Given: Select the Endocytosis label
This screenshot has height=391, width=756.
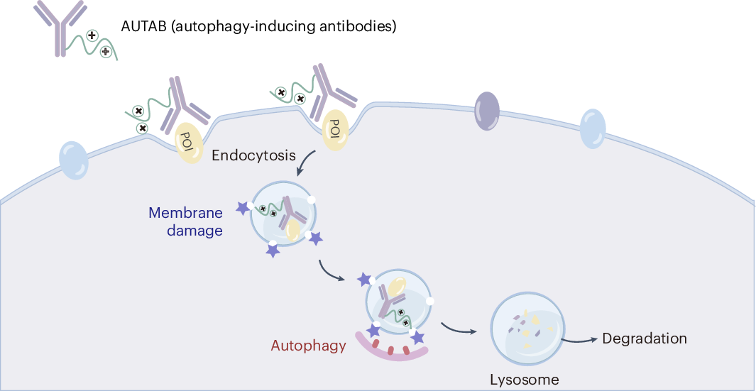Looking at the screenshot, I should (x=253, y=155).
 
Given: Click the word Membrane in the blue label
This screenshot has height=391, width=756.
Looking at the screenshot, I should (x=185, y=213).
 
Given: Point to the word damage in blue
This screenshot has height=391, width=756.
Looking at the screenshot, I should (x=195, y=231).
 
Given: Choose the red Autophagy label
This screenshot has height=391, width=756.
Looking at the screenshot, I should (x=308, y=346).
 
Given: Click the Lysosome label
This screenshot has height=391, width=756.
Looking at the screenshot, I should (x=524, y=379).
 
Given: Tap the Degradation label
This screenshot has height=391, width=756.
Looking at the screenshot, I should (x=644, y=338).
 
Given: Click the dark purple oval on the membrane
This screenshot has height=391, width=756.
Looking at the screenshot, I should (x=486, y=109).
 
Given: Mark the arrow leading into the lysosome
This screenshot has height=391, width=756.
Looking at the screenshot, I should (x=458, y=329).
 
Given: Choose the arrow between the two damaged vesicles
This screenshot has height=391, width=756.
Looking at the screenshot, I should (x=334, y=272).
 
